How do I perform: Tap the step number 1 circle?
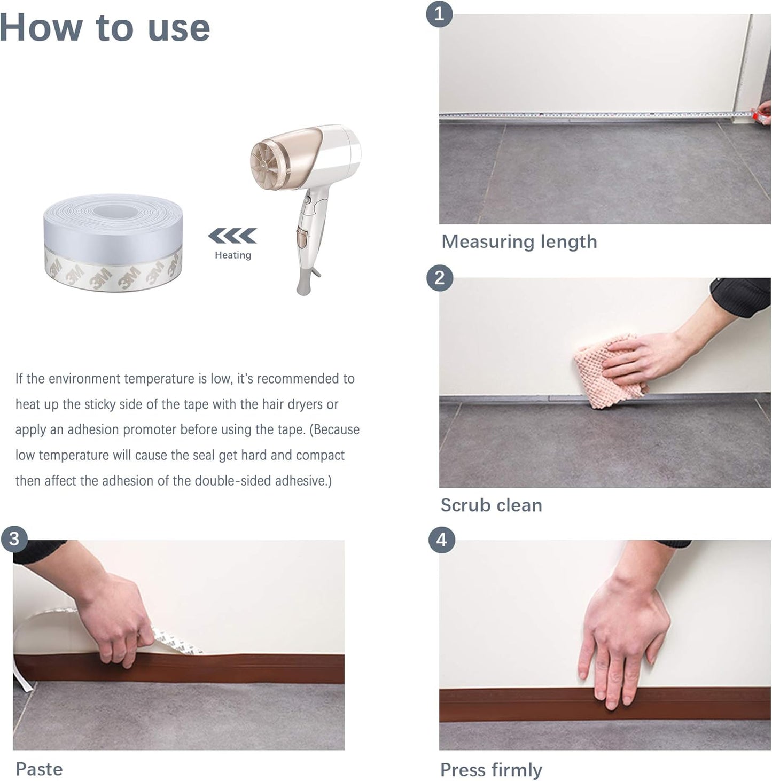(439, 14)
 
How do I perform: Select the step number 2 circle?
(439, 278)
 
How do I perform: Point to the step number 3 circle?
(14, 538)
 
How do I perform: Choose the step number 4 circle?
(441, 540)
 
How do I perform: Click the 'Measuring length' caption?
(519, 241)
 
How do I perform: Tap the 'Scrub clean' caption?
(491, 505)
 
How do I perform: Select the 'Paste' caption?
(39, 769)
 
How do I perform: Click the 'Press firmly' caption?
(491, 769)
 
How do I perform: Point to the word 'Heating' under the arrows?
(232, 255)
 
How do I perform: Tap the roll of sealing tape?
(113, 243)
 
